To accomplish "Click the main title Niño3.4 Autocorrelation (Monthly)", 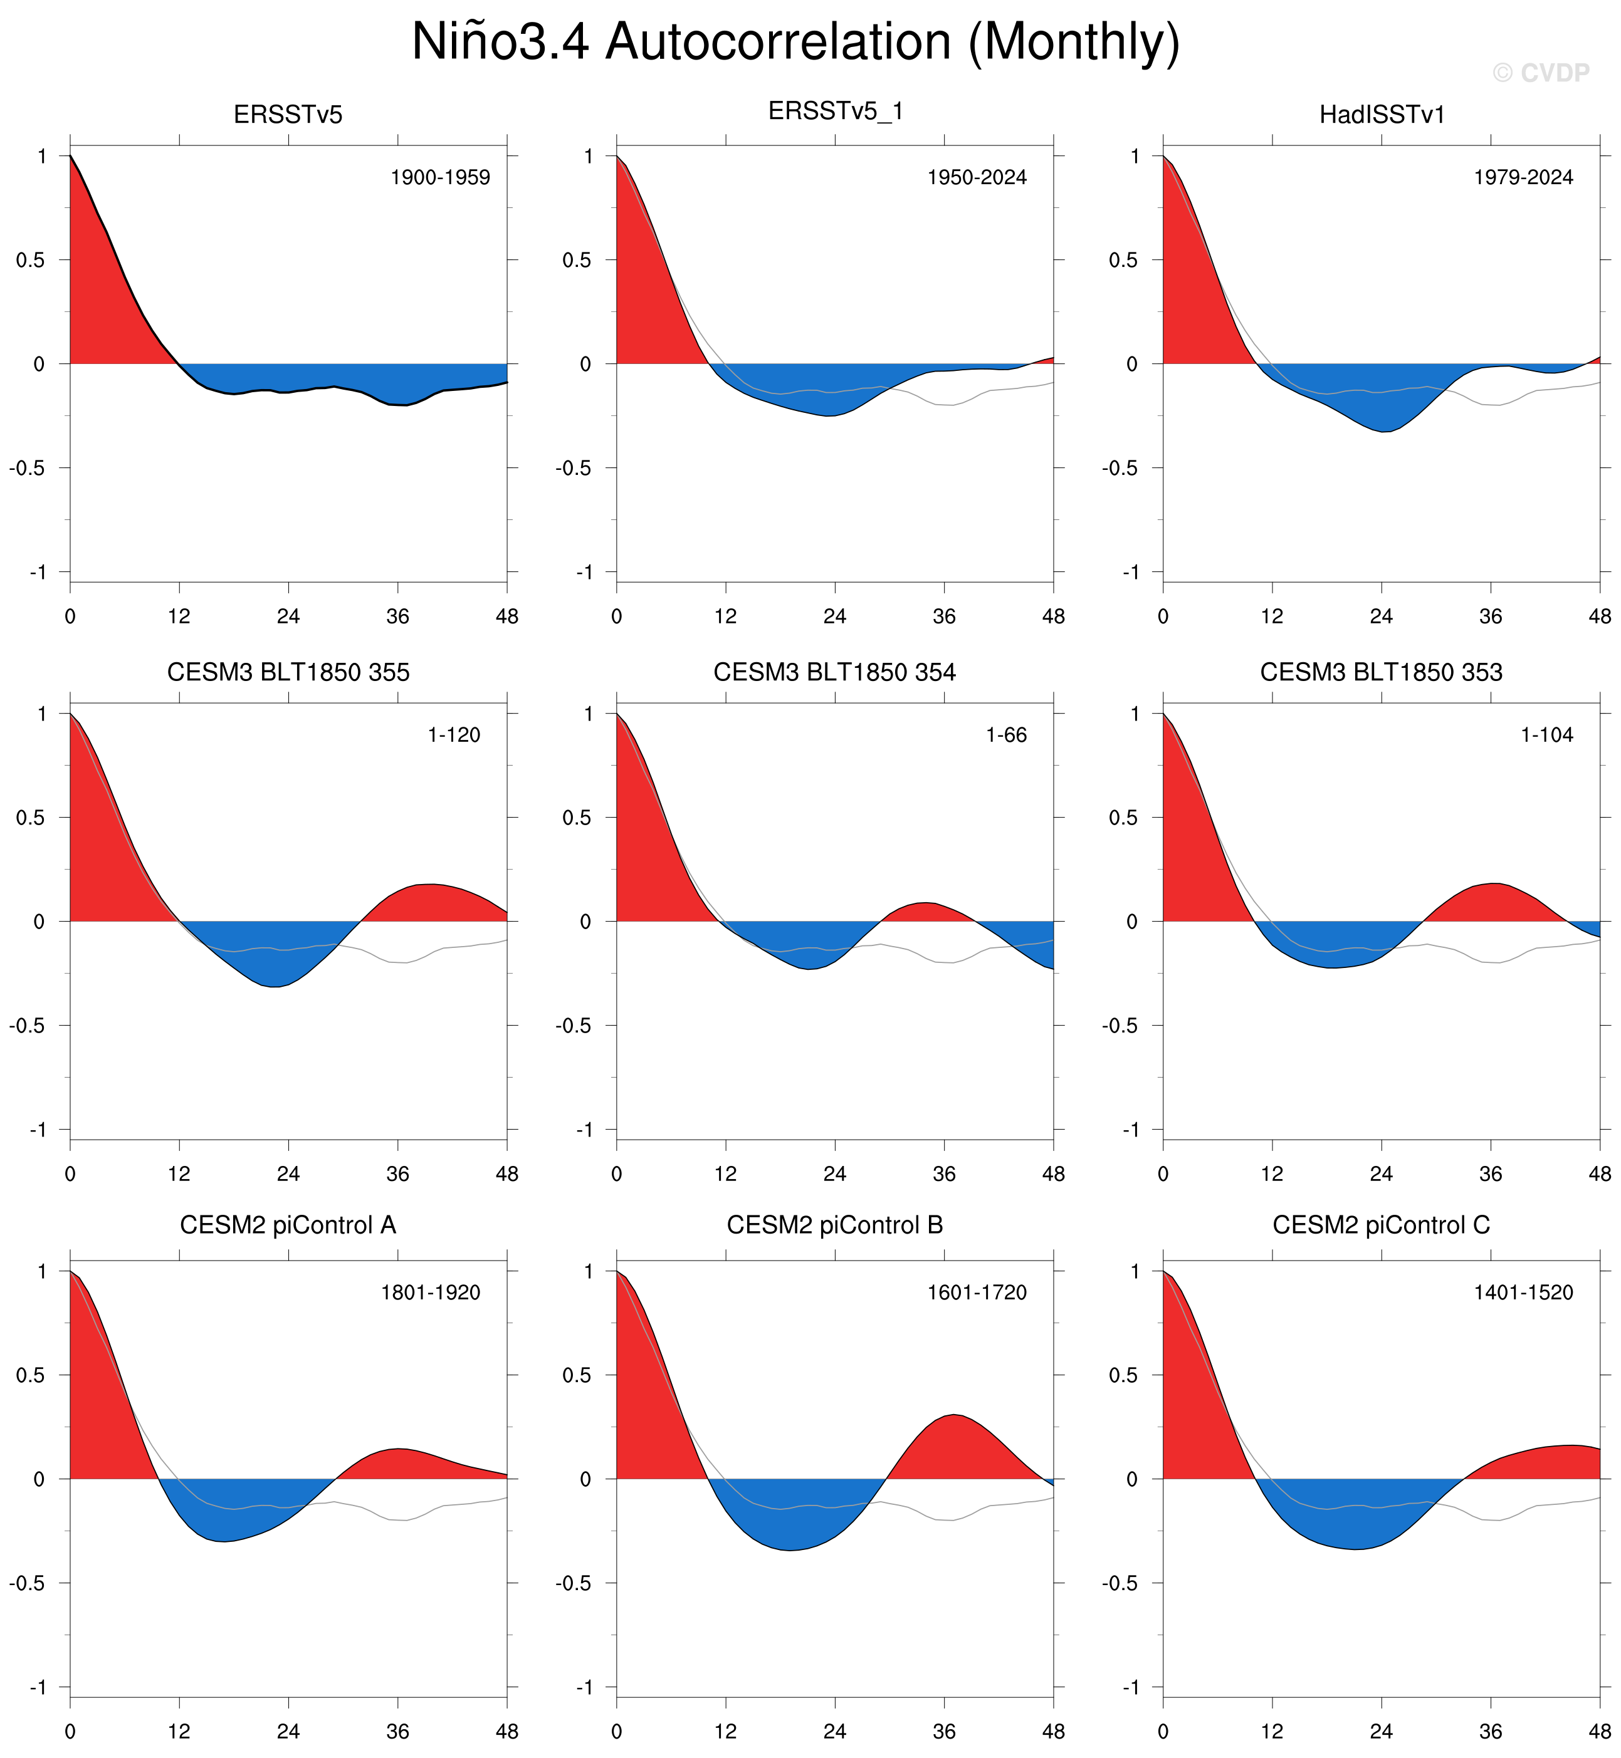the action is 795,41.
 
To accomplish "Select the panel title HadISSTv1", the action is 1382,115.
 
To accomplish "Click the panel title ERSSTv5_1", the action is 835,112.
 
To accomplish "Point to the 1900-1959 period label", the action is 440,177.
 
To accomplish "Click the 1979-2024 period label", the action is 1524,177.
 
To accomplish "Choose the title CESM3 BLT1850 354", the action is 834,672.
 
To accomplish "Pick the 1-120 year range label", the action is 454,735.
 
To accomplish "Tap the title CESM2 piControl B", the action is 834,1225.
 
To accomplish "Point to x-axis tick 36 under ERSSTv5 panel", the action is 397,616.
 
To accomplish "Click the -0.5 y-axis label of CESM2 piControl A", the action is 27,1583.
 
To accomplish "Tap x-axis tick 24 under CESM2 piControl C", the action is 1382,1731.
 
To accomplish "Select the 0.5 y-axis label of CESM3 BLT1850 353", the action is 1123,817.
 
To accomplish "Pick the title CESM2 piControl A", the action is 288,1225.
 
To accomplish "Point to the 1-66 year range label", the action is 1006,735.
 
